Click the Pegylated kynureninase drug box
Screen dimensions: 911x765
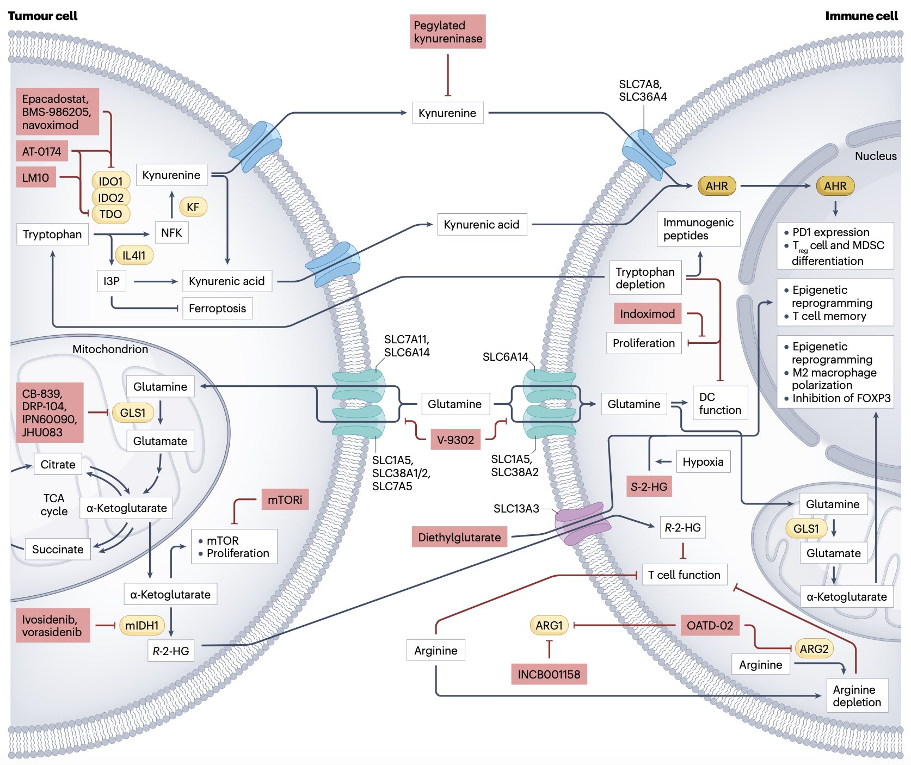pos(447,32)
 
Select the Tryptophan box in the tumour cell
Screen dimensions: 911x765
pos(52,235)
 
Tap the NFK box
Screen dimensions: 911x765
pos(171,233)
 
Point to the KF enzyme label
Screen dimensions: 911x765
pos(193,207)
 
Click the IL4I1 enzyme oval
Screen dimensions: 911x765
pos(134,255)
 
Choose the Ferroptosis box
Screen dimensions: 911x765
pos(217,309)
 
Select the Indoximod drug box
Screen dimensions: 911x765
pos(647,314)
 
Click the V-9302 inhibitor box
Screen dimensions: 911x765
pos(455,440)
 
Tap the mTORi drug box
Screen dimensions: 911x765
pos(285,499)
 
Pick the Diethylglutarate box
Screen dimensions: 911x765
pos(459,538)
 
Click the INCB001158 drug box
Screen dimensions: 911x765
pos(549,675)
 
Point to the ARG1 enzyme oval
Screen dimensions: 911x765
pos(549,626)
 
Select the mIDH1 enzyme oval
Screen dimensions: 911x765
pos(141,626)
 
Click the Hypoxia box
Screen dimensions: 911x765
pos(703,462)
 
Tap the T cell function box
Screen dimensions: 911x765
pos(684,575)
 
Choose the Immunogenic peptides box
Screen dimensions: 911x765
pos(698,229)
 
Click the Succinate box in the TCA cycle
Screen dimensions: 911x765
pos(58,550)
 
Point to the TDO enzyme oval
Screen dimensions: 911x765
pos(111,214)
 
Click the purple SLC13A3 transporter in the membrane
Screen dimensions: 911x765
pos(582,523)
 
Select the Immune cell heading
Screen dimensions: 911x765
pos(861,16)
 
